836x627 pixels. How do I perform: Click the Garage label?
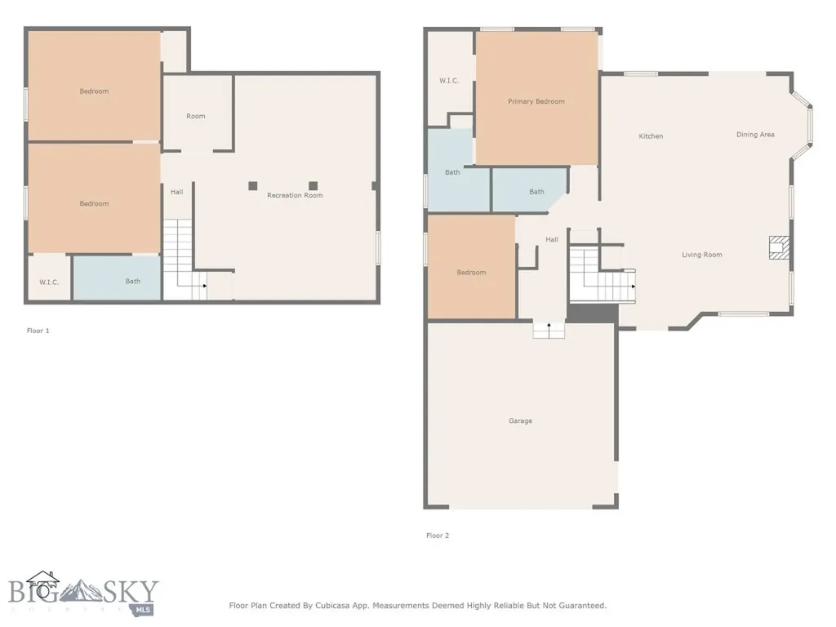point(520,420)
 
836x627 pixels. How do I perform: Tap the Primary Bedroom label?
point(536,101)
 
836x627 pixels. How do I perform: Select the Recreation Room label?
point(295,195)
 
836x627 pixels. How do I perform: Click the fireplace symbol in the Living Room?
point(778,247)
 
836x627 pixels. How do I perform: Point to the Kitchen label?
point(651,136)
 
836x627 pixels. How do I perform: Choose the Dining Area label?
point(755,135)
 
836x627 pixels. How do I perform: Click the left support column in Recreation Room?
point(253,185)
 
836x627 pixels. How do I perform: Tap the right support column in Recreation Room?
point(313,185)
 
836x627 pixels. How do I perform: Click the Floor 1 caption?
point(38,331)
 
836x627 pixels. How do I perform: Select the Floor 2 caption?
point(438,536)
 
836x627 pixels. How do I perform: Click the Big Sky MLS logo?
point(83,594)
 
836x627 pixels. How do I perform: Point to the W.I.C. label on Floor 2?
point(449,81)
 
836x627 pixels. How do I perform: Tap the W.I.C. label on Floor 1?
point(49,282)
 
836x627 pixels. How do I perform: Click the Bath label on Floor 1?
point(133,281)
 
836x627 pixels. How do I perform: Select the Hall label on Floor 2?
point(552,239)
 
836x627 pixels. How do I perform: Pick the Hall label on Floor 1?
point(176,192)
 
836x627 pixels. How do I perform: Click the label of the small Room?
point(196,116)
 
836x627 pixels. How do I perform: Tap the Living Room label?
point(701,255)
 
